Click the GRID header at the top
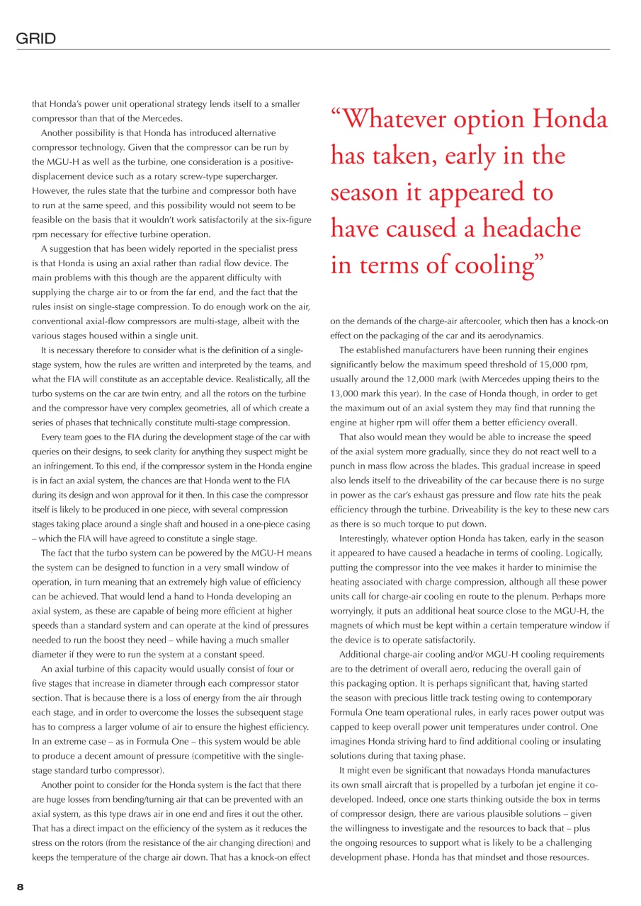coord(36,39)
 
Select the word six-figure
coord(292,219)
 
